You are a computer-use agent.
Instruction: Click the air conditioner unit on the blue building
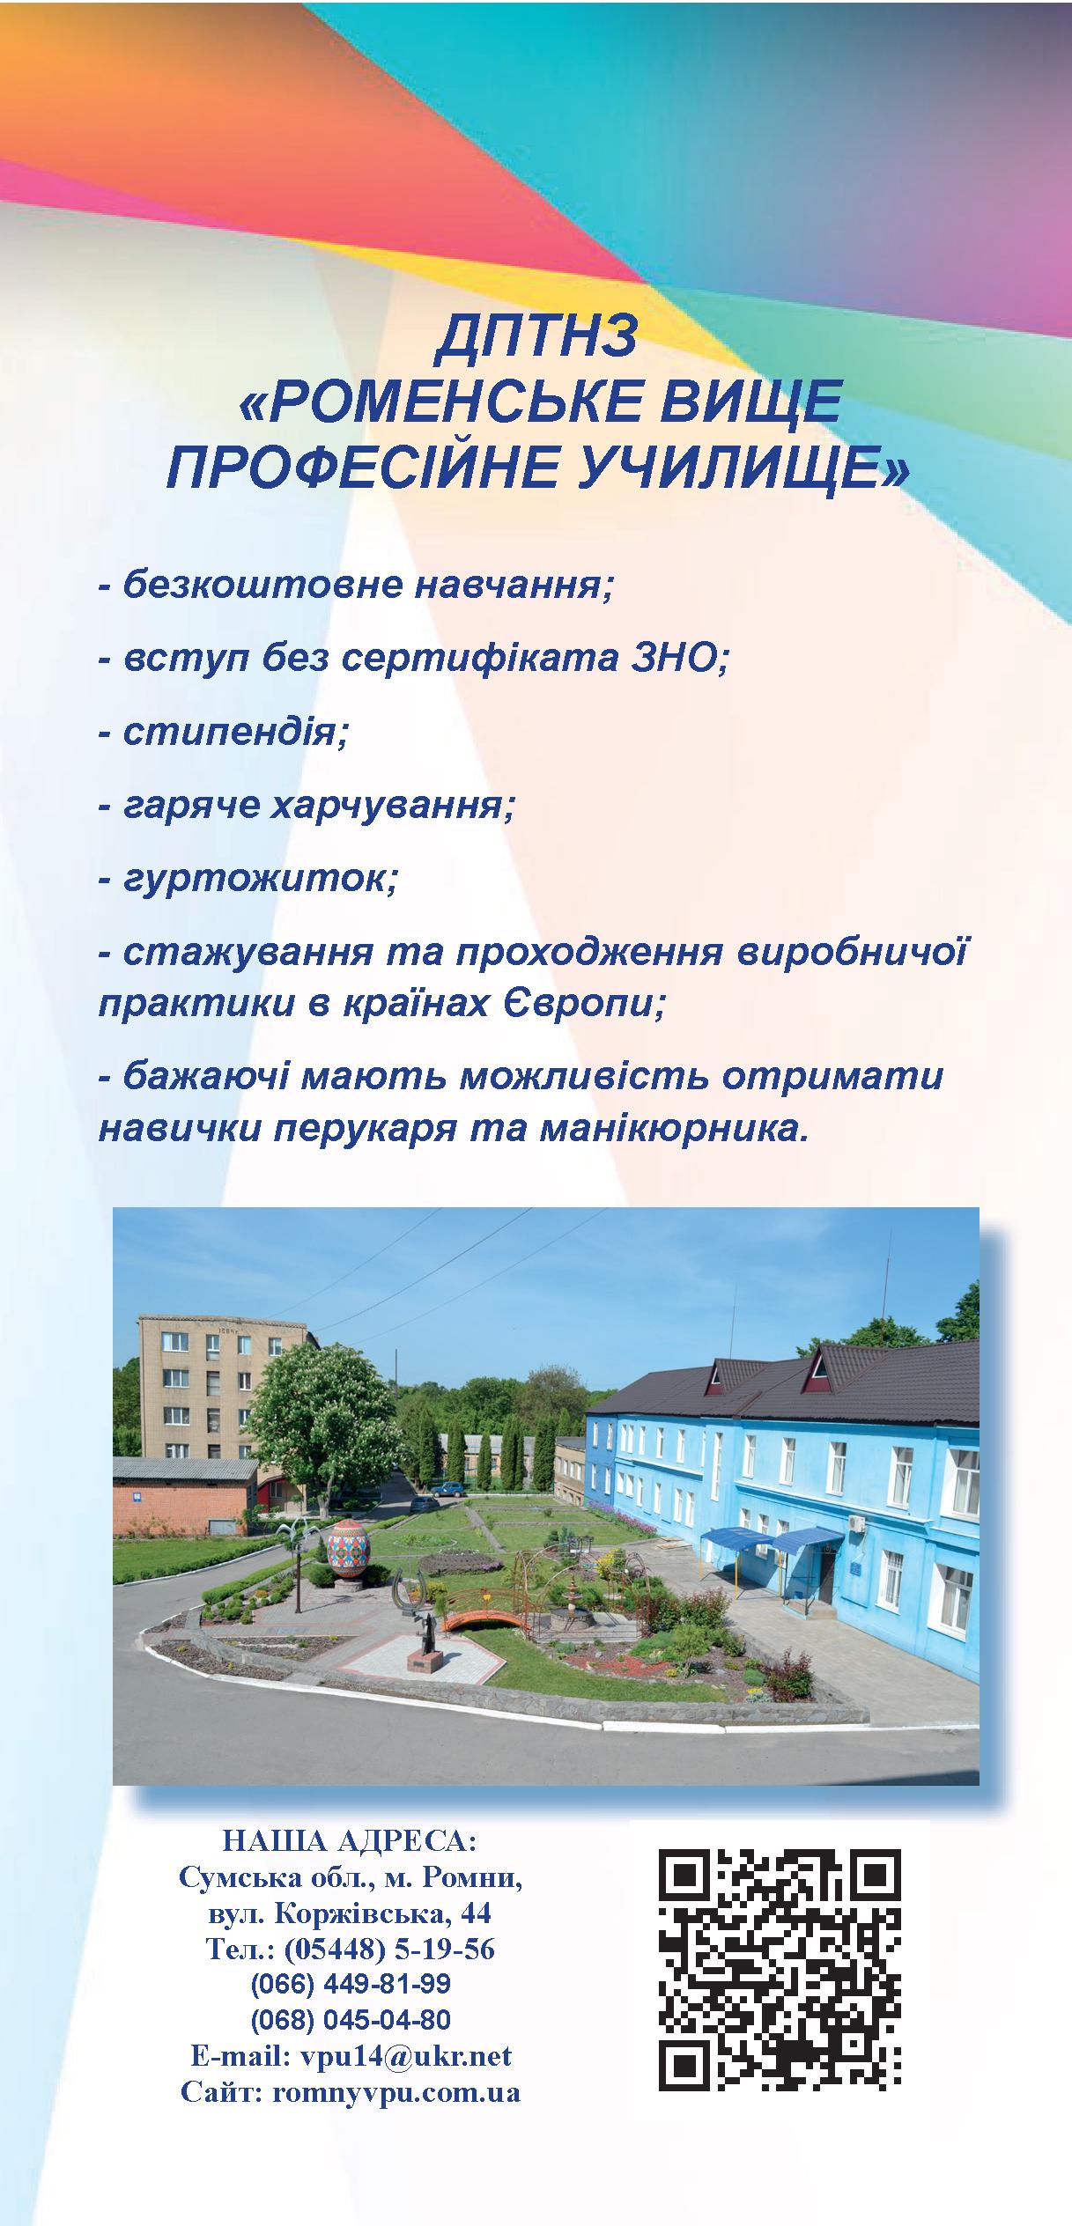[854, 1522]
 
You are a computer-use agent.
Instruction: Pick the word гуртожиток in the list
[260, 879]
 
